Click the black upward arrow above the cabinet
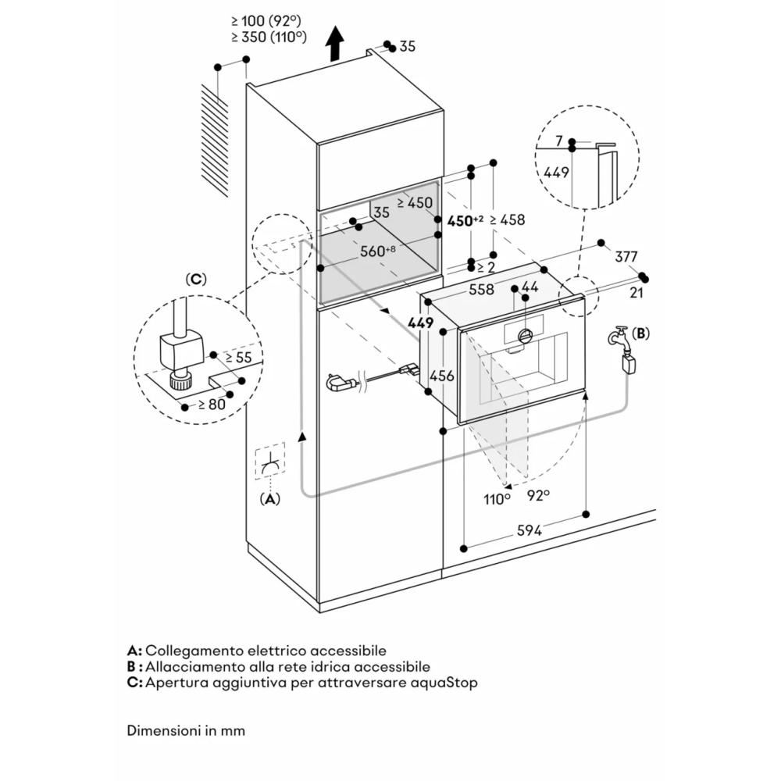(335, 43)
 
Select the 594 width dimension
(529, 530)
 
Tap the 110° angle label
(496, 499)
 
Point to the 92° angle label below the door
(537, 494)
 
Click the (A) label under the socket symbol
(269, 499)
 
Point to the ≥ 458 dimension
(507, 220)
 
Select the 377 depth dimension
(626, 256)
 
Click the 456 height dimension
(442, 376)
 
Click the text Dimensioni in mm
(186, 731)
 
